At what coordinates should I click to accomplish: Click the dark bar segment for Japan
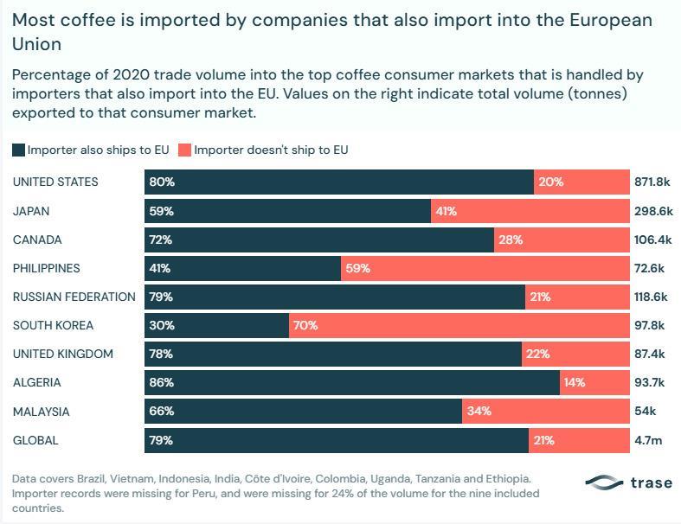[287, 211]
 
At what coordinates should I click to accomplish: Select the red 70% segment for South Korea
[459, 326]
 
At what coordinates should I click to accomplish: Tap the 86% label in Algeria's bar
[162, 382]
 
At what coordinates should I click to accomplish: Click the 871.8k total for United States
[652, 182]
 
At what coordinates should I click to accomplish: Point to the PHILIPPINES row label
[47, 268]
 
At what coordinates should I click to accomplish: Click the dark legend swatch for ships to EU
[19, 150]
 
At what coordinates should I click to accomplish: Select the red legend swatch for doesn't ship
[185, 150]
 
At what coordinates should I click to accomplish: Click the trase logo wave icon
[604, 482]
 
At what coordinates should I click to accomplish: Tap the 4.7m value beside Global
[648, 441]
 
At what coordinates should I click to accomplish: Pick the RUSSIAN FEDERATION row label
[74, 297]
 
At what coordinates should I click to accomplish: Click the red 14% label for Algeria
[575, 382]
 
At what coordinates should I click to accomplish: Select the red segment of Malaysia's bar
[546, 411]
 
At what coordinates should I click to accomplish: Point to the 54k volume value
[646, 411]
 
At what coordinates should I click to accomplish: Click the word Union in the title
[37, 44]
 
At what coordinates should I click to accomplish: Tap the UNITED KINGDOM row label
[63, 355]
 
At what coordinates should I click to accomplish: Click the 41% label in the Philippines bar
[160, 268]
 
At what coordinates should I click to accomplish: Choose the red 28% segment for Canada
[562, 240]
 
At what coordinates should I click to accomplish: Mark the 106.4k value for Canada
[652, 240]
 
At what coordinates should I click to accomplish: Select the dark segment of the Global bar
[337, 441]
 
